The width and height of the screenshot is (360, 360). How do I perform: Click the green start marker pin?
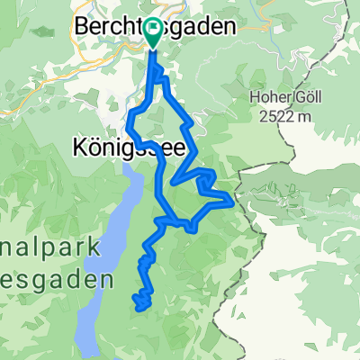click(x=152, y=34)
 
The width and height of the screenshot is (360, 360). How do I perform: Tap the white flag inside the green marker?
click(x=152, y=32)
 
